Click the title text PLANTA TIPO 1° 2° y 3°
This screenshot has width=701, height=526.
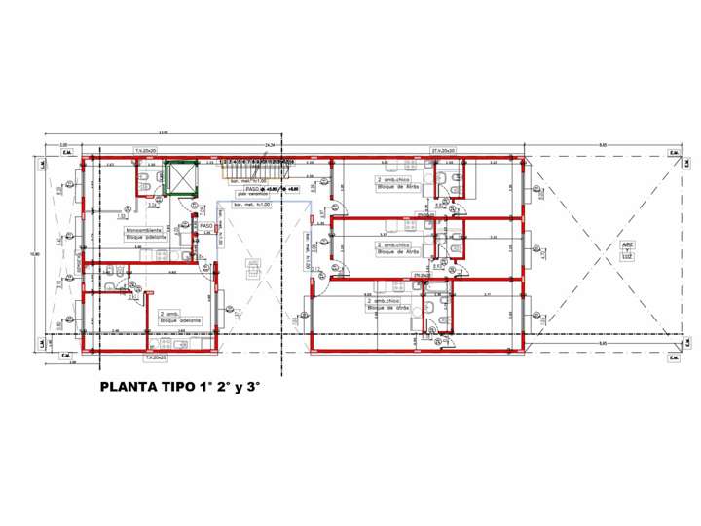182,387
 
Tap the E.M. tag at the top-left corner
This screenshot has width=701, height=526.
69,152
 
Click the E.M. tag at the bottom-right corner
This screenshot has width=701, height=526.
672,357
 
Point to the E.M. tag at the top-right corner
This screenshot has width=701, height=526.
672,152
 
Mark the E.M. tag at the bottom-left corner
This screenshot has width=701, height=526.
69,357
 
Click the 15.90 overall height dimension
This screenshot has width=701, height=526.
36,254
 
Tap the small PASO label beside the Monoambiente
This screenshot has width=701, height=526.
205,226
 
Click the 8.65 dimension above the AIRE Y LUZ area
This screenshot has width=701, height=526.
604,144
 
